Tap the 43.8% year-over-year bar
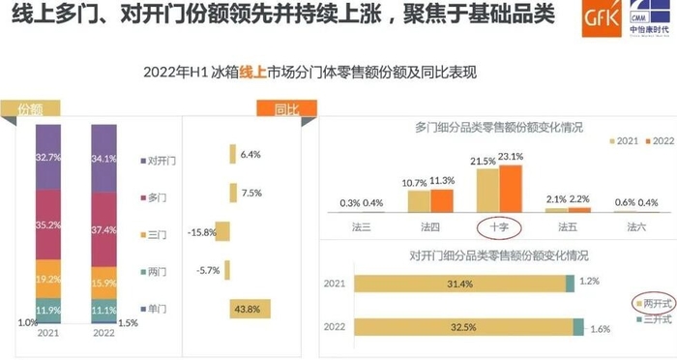coord(250,309)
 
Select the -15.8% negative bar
coord(222,230)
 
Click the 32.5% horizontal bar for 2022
coord(460,327)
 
